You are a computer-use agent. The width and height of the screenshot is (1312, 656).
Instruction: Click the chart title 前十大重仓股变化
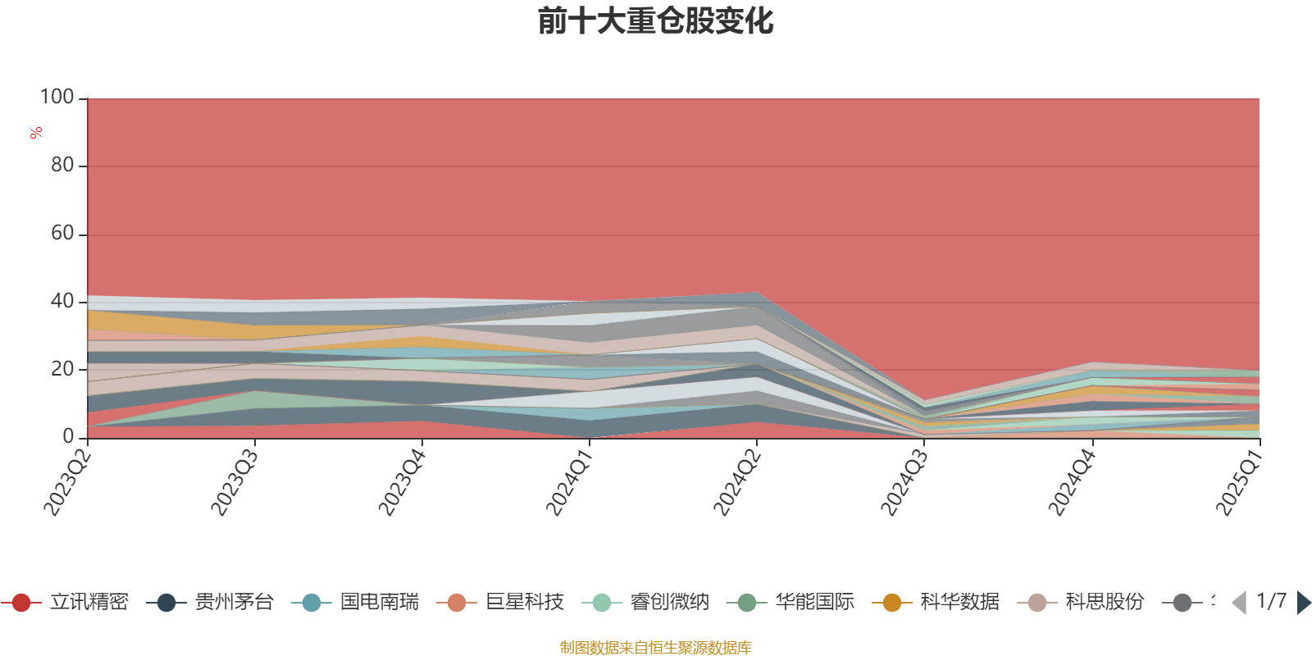(x=656, y=21)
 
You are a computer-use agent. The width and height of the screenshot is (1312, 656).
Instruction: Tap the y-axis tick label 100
(x=57, y=98)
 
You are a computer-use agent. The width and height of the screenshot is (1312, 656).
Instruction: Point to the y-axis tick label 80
(x=62, y=166)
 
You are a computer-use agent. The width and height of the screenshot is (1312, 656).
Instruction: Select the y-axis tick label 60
(x=62, y=234)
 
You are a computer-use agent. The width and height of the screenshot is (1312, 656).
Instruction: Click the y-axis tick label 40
(x=62, y=302)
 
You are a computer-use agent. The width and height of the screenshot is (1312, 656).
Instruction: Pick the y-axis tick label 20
(x=62, y=370)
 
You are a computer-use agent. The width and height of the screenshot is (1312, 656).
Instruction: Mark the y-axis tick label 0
(x=69, y=437)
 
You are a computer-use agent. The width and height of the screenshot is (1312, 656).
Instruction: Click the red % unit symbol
(x=36, y=133)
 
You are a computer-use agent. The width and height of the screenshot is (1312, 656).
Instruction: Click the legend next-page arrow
(x=1303, y=603)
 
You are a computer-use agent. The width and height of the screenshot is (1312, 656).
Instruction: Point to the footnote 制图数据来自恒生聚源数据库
(x=656, y=648)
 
